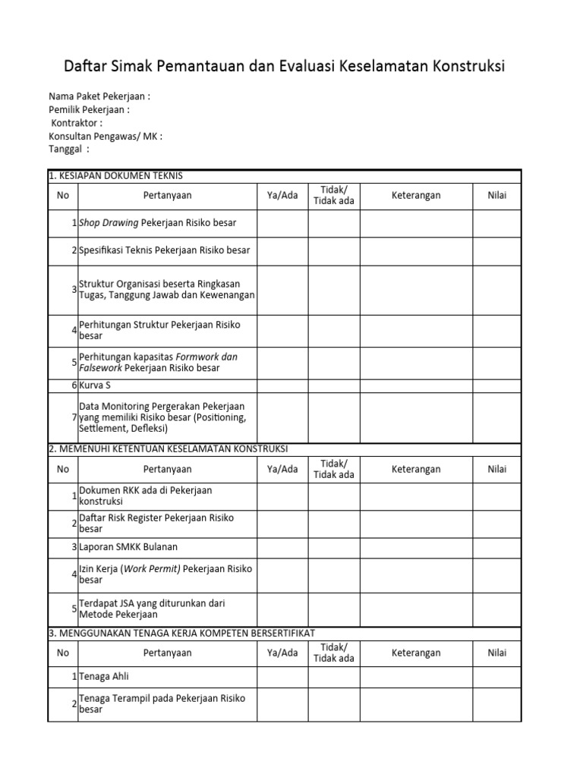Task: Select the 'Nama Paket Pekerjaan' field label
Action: tap(99, 96)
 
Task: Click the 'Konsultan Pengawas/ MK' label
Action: tap(105, 136)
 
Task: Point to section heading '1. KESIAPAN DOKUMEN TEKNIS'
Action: tap(115, 176)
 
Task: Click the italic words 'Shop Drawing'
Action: tap(109, 223)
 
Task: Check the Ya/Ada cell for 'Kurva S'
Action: tap(282, 385)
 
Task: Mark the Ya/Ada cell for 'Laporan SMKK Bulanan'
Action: tap(282, 546)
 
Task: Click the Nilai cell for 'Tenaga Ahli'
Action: tap(496, 676)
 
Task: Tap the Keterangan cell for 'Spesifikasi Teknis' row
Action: tap(415, 250)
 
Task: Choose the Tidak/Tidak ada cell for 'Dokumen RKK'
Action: tap(333, 496)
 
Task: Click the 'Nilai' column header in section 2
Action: tap(496, 469)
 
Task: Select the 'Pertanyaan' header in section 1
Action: tap(167, 196)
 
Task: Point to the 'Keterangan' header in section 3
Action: tap(415, 653)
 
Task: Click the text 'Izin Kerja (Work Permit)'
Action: tap(129, 568)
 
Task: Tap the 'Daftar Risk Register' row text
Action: tap(156, 517)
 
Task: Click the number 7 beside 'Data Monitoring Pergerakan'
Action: tap(74, 417)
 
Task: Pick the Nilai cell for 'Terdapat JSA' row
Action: tap(496, 608)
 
